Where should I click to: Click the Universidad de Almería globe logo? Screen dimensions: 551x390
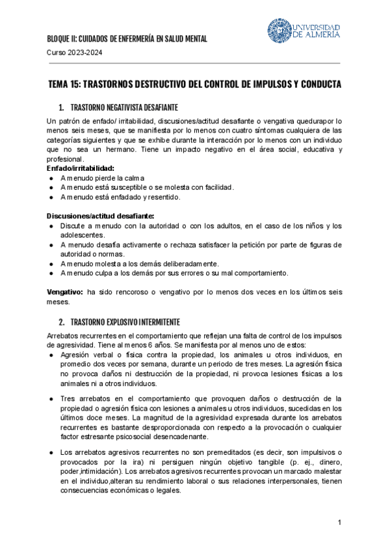pyautogui.click(x=280, y=31)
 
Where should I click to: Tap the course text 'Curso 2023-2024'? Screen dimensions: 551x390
pyautogui.click(x=74, y=53)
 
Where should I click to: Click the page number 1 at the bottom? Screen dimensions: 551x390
pyautogui.click(x=339, y=524)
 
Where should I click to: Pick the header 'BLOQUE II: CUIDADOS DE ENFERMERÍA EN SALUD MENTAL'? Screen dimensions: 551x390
pyautogui.click(x=127, y=39)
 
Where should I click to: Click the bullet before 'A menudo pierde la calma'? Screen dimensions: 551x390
pyautogui.click(x=51, y=178)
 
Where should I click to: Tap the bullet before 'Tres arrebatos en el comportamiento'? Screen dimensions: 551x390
pyautogui.click(x=51, y=398)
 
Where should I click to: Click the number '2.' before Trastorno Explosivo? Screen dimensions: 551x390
pyautogui.click(x=61, y=322)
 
